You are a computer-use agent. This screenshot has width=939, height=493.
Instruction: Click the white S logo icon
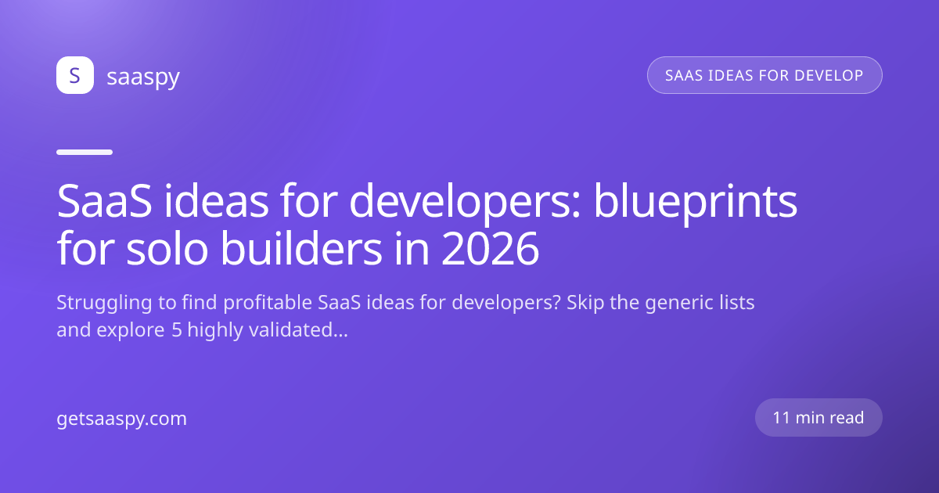tap(75, 75)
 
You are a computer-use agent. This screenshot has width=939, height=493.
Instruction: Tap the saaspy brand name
tap(143, 77)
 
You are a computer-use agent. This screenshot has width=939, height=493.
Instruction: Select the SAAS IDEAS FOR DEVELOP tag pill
tap(765, 75)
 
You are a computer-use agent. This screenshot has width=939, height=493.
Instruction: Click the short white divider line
tap(85, 152)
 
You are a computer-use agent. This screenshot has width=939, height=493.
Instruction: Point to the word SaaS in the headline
tap(104, 202)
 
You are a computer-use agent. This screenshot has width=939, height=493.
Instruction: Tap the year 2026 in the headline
tap(491, 250)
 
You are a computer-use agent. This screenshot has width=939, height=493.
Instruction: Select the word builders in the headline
tap(301, 248)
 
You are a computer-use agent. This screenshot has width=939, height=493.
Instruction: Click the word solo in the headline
tap(167, 248)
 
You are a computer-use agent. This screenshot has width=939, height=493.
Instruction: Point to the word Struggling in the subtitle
tap(104, 304)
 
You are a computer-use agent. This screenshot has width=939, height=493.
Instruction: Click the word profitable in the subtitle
tap(268, 304)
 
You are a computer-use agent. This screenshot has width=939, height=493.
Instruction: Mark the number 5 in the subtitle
tap(177, 330)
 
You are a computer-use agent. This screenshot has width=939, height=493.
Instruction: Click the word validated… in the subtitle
tap(298, 330)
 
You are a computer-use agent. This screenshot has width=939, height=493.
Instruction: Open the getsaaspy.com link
tap(121, 419)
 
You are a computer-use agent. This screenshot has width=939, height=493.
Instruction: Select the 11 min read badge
tap(818, 418)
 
